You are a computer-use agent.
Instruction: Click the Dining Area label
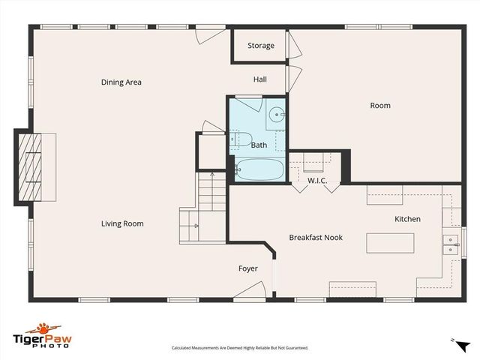click(x=121, y=82)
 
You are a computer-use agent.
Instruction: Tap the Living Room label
click(x=122, y=223)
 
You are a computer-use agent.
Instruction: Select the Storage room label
click(x=261, y=46)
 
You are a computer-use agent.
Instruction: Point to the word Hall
click(x=259, y=79)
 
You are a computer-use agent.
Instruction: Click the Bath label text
click(x=259, y=145)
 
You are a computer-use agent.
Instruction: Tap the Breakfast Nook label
click(x=316, y=238)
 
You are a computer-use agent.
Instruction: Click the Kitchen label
click(x=408, y=219)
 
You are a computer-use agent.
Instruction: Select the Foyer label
click(x=248, y=268)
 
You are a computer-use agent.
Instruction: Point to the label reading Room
click(x=380, y=106)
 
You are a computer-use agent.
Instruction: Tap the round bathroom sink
click(x=276, y=115)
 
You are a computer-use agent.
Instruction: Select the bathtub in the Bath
click(x=259, y=170)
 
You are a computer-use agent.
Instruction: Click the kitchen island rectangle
click(x=390, y=244)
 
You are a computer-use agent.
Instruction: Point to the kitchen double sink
click(x=451, y=243)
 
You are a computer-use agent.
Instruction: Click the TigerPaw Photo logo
click(x=47, y=335)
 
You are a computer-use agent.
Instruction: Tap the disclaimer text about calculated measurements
click(x=240, y=348)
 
